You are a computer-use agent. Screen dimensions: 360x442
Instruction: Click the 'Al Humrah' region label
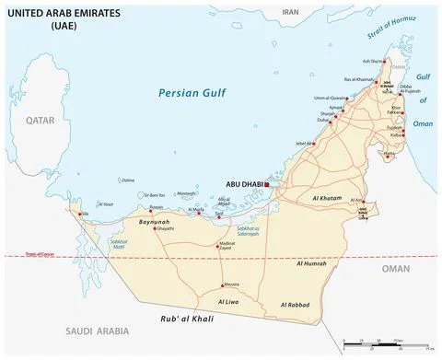pos(310,264)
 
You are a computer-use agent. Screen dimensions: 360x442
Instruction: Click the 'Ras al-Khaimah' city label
pos(358,80)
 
